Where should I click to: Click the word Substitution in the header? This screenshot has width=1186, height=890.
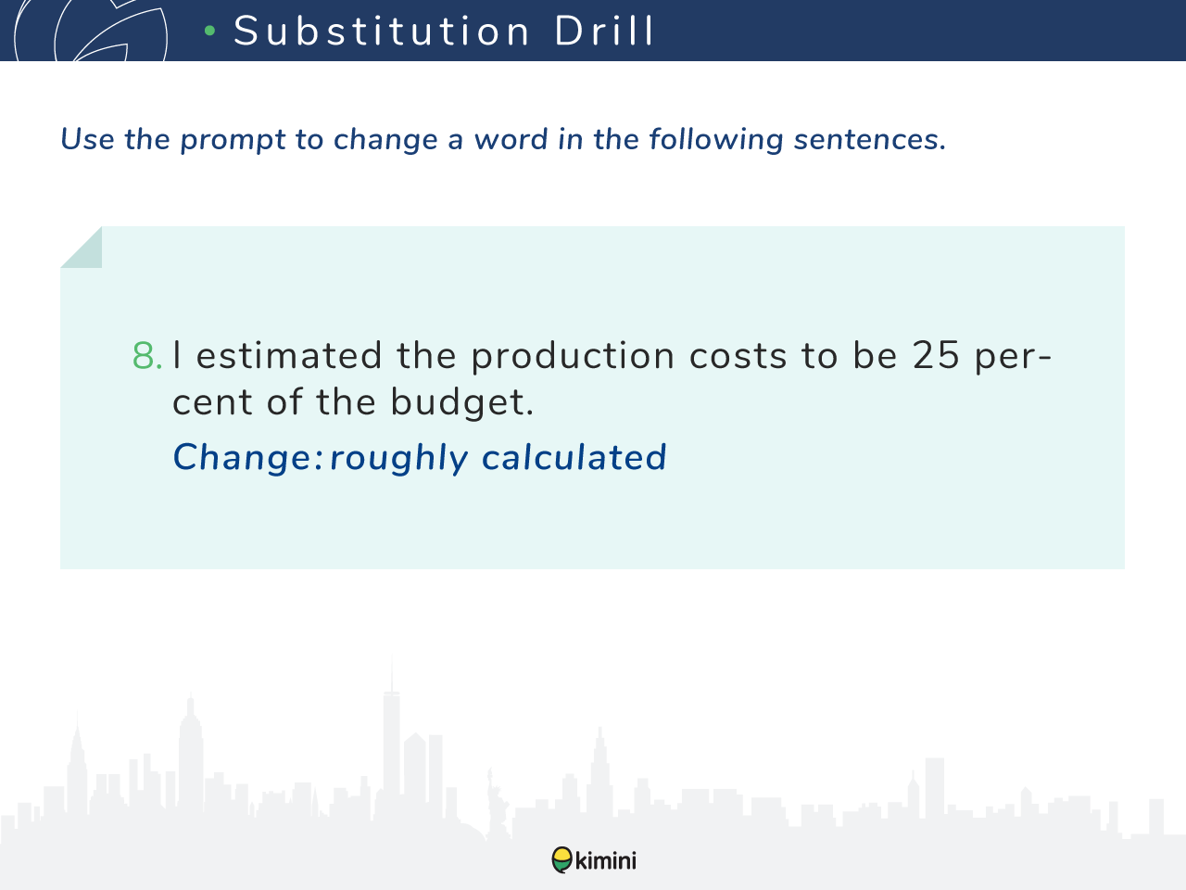point(382,31)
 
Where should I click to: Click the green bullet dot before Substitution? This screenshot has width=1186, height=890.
point(210,31)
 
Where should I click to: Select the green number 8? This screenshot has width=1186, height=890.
point(147,356)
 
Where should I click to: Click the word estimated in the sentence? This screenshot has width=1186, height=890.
point(289,356)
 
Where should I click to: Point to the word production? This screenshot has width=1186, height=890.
point(573,357)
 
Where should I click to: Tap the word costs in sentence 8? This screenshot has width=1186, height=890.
point(738,357)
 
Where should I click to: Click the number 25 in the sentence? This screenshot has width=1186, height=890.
point(936,355)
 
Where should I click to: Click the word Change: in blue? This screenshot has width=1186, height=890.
point(247,457)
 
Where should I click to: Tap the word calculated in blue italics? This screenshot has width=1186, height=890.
point(574,457)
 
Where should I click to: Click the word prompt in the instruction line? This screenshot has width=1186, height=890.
point(233,141)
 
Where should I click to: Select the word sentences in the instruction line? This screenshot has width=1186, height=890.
point(870,139)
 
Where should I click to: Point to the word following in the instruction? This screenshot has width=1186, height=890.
point(715,140)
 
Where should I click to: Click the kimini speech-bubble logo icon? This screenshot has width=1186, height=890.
point(561,859)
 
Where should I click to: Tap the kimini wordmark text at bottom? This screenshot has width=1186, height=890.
point(606,860)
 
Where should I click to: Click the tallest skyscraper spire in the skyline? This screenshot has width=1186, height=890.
point(392,674)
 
